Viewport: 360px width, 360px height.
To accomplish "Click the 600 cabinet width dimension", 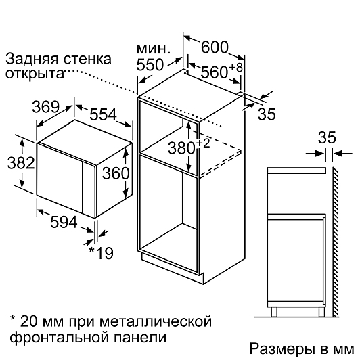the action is pos(215,47).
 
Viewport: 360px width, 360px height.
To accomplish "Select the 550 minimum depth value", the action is pos(150,64).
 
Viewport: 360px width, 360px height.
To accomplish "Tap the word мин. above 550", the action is pos(154,49).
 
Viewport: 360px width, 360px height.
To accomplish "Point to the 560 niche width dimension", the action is pos(215,72).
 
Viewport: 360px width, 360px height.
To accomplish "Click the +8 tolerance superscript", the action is pos(235,68).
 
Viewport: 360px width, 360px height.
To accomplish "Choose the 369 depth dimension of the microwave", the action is pos(46,107).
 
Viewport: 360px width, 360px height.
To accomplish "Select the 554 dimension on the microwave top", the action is pos(103,114).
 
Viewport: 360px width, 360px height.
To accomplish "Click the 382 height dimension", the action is pos(21,163).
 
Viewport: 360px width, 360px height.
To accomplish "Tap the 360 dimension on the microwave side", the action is pos(116,173).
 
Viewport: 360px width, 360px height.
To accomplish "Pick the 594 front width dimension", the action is pos(64,222).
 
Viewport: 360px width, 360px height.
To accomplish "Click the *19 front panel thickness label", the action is pos(101,253).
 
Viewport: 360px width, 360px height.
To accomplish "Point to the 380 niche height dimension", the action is pos(181,148).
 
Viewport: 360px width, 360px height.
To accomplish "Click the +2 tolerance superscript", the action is pos(203,143).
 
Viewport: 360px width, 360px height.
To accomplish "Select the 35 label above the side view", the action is pos(327,137).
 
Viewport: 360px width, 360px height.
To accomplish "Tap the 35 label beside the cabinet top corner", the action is pos(267,114).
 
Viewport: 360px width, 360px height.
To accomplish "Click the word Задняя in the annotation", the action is pos(32,60).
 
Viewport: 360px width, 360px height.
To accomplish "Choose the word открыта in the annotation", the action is pos(35,74).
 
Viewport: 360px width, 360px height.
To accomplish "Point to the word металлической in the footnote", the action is pos(156,321).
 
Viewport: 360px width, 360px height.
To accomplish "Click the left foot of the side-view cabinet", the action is pos(273,312).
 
